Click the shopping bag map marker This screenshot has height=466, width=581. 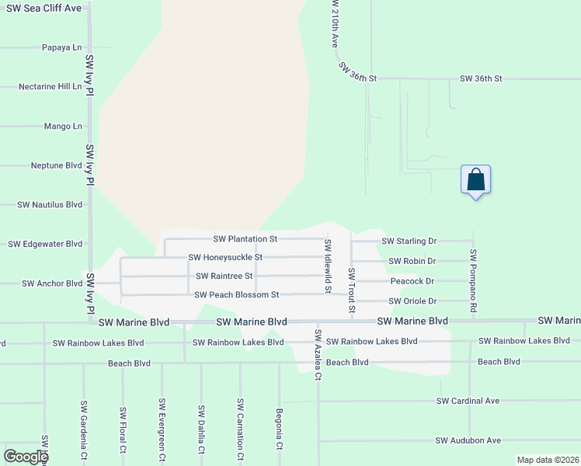476,180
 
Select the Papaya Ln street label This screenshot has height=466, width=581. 61,47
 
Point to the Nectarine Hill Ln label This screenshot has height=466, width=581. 50,87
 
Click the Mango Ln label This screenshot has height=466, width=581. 63,126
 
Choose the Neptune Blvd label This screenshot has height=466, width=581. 56,165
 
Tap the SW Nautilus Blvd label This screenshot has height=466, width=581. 50,205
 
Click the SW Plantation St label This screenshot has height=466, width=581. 245,239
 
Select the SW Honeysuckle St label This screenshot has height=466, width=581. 225,257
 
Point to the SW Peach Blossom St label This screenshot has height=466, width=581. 236,295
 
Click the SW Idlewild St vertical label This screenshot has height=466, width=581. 328,266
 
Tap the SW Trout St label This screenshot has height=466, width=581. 352,291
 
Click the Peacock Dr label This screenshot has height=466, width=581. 412,281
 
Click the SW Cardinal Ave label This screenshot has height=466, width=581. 468,402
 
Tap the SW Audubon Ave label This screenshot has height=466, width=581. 468,440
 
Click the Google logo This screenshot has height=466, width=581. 26,457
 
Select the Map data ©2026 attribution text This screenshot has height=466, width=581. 547,460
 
